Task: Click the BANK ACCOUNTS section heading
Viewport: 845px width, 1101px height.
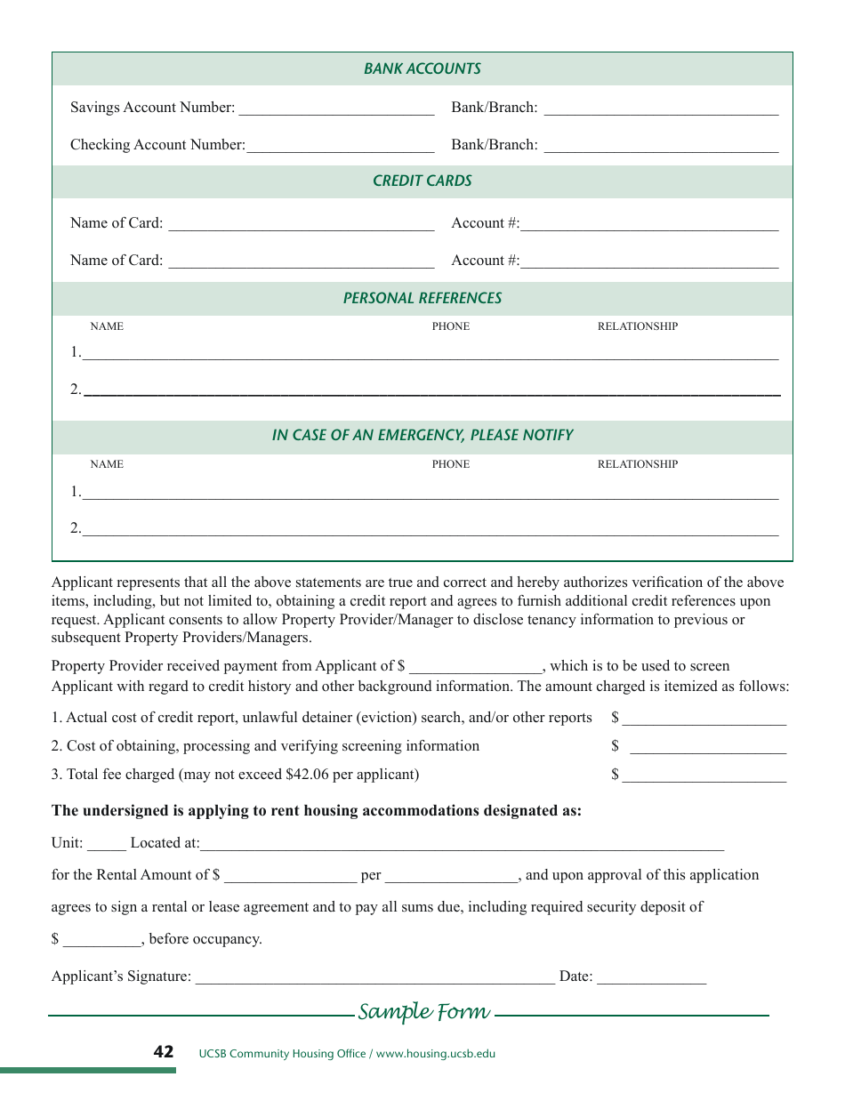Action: pyautogui.click(x=422, y=68)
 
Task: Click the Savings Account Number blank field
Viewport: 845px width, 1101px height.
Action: pyautogui.click(x=336, y=109)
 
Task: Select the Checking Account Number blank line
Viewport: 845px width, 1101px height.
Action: pyautogui.click(x=340, y=147)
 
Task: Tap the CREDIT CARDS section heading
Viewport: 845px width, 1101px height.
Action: pyautogui.click(x=422, y=181)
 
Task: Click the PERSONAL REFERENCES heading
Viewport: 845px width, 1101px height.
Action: pyautogui.click(x=422, y=298)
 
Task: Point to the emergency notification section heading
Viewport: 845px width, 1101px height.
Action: pyautogui.click(x=422, y=435)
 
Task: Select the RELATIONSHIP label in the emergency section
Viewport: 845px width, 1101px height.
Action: pyautogui.click(x=637, y=464)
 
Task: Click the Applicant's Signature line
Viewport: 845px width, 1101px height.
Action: pyautogui.click(x=374, y=977)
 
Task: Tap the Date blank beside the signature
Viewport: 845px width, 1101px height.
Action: pyautogui.click(x=651, y=977)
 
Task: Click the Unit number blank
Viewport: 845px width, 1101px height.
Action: pyautogui.click(x=107, y=844)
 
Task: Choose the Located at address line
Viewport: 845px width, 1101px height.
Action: pyautogui.click(x=462, y=844)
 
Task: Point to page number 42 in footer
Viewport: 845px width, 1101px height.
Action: pyautogui.click(x=164, y=1052)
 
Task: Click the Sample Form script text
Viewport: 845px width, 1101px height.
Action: pyautogui.click(x=423, y=1012)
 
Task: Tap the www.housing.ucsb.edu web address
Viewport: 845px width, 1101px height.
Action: pyautogui.click(x=435, y=1054)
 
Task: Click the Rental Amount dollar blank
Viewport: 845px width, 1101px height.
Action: pyautogui.click(x=290, y=876)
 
